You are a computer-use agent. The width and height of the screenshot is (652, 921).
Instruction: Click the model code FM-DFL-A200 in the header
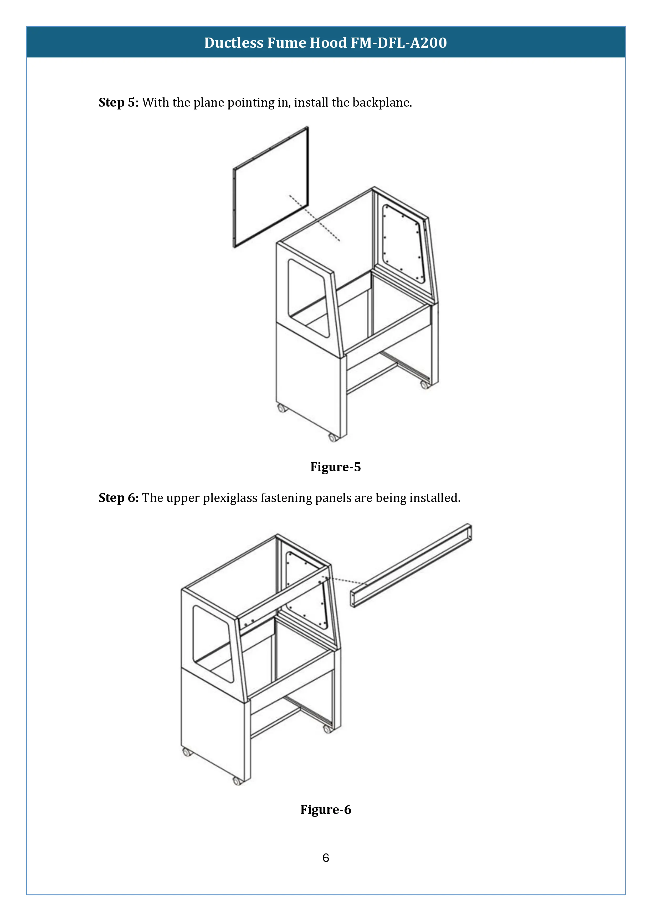click(399, 43)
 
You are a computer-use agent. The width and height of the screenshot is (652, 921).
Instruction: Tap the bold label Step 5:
click(119, 103)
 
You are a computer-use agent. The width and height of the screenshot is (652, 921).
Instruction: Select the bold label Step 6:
click(119, 498)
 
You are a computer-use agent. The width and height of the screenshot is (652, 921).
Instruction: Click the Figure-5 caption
click(335, 467)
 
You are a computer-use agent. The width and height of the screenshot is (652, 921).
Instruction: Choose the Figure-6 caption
click(326, 809)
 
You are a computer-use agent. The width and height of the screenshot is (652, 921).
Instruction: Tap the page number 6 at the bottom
click(326, 858)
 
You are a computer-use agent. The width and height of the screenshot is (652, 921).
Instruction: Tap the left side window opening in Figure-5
click(307, 297)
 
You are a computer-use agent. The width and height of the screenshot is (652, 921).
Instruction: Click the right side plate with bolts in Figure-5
click(403, 243)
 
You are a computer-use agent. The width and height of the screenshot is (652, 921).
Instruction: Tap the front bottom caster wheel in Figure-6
click(237, 781)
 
